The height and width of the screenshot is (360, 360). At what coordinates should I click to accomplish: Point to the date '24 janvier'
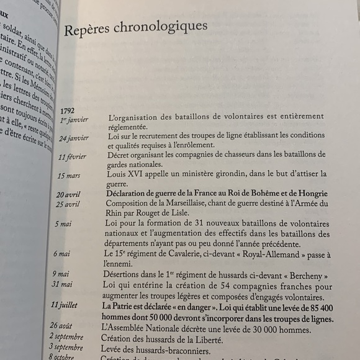click(73, 138)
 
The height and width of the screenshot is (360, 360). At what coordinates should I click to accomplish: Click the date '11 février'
click(73, 157)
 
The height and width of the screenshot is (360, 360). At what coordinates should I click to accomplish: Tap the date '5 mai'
click(63, 223)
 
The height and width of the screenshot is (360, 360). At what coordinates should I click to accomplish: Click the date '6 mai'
click(62, 254)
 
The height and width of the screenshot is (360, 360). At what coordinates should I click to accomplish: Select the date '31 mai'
click(61, 284)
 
